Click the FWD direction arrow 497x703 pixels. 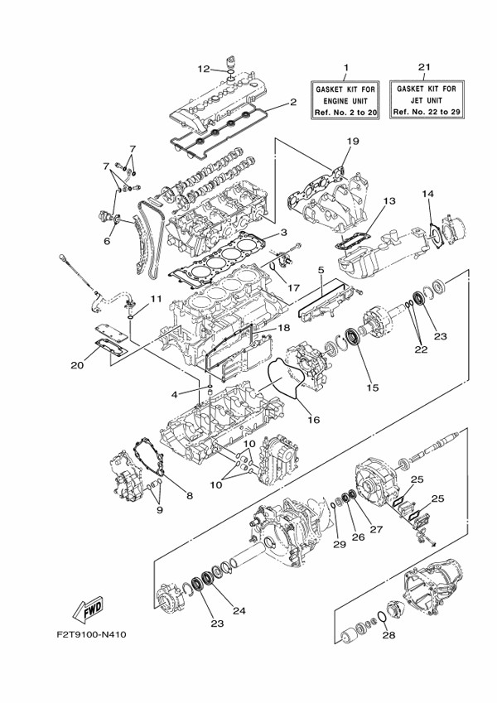click(88, 611)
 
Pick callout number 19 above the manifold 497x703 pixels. click(352, 142)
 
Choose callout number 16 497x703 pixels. click(313, 420)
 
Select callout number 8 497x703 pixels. click(189, 496)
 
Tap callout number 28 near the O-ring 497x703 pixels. click(387, 638)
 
